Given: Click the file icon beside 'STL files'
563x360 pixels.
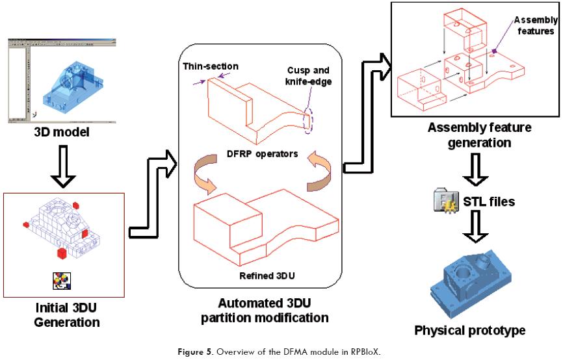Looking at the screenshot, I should [x=444, y=202].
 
